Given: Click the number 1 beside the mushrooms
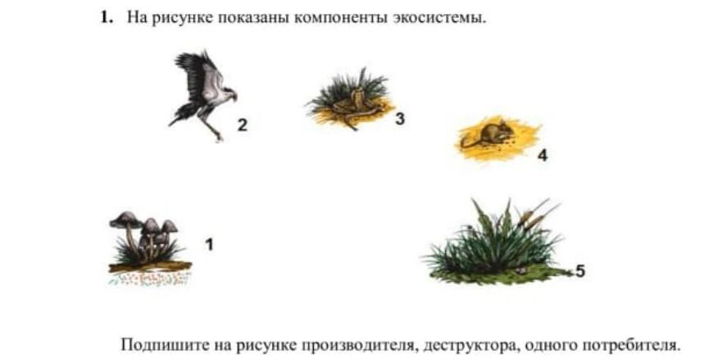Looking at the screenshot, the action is (x=209, y=244).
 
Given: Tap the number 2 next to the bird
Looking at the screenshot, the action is (x=242, y=125).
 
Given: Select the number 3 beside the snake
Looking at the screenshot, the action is (x=399, y=119).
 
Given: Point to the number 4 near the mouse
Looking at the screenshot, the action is (x=542, y=156).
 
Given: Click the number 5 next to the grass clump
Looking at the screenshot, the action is (x=579, y=271).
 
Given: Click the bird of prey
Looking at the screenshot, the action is (x=203, y=93).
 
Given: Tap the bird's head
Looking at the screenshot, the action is (x=229, y=93).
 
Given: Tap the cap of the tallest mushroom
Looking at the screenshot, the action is (x=125, y=219).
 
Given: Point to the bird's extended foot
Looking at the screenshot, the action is (x=216, y=135).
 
